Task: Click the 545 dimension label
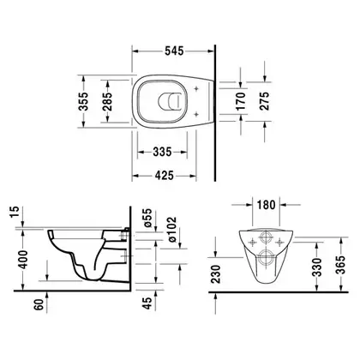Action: point(174,51)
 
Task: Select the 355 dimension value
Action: point(83,101)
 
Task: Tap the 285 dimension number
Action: point(107,102)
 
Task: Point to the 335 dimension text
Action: point(162,152)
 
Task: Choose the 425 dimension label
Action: point(165,175)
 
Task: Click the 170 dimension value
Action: point(241,101)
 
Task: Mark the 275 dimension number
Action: point(265,101)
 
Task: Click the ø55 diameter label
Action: point(147,218)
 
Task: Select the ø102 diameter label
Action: point(171,230)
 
